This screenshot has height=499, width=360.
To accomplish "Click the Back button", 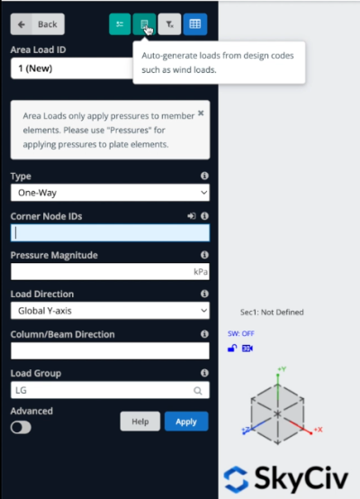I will pyautogui.click(x=38, y=24).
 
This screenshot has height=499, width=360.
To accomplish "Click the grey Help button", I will pyautogui.click(x=139, y=421).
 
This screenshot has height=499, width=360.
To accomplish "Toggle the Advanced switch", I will pyautogui.click(x=20, y=427).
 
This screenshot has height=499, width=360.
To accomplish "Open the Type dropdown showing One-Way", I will pyautogui.click(x=110, y=192).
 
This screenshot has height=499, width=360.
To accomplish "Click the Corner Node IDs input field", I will pyautogui.click(x=110, y=232).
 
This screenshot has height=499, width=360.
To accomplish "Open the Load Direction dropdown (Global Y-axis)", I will pyautogui.click(x=110, y=310).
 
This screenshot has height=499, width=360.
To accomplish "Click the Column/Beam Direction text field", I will pyautogui.click(x=110, y=350).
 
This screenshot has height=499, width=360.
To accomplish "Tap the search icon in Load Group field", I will pyautogui.click(x=198, y=391).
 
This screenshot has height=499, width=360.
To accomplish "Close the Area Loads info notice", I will pyautogui.click(x=201, y=114).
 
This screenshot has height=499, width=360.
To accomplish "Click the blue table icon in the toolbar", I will pyautogui.click(x=194, y=24).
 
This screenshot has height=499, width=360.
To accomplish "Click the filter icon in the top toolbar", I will pyautogui.click(x=171, y=24).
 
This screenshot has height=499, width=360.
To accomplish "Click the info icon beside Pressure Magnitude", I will pyautogui.click(x=204, y=255).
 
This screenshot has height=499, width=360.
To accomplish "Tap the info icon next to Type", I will pyautogui.click(x=204, y=176).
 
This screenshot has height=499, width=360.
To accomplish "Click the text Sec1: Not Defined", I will pyautogui.click(x=272, y=312).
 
